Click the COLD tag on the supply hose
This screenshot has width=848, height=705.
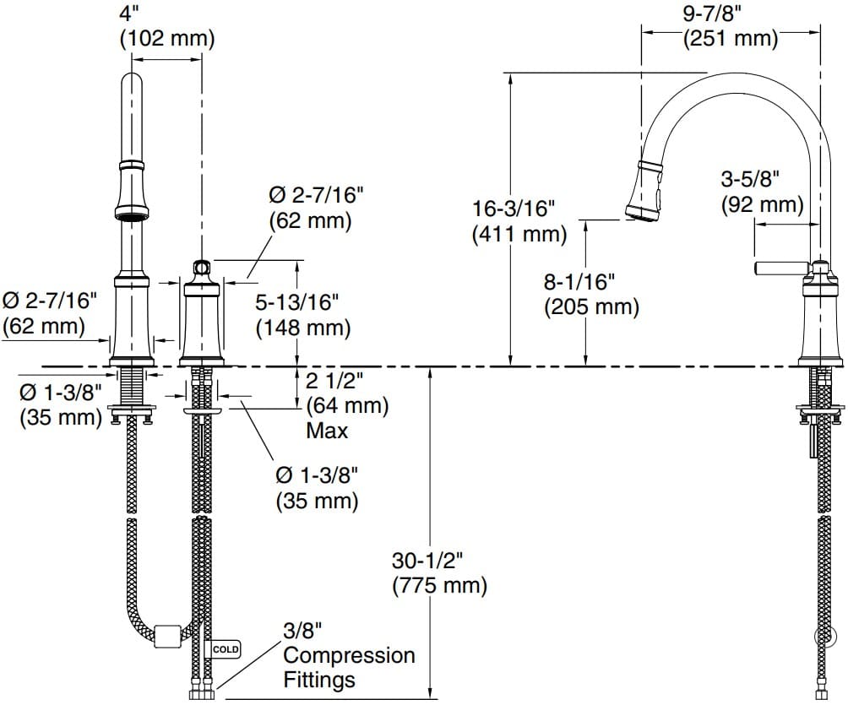pyautogui.click(x=226, y=649)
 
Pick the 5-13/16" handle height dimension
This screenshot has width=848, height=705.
pyautogui.click(x=303, y=301)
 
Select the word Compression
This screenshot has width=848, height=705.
pyautogui.click(x=349, y=655)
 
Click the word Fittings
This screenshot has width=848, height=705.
pyautogui.click(x=319, y=679)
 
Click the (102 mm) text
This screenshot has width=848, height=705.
pyautogui.click(x=166, y=38)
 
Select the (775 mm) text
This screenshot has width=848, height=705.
pyautogui.click(x=439, y=584)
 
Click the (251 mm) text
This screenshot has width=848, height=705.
pyautogui.click(x=731, y=37)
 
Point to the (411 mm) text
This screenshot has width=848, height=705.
pyautogui.click(x=519, y=233)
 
